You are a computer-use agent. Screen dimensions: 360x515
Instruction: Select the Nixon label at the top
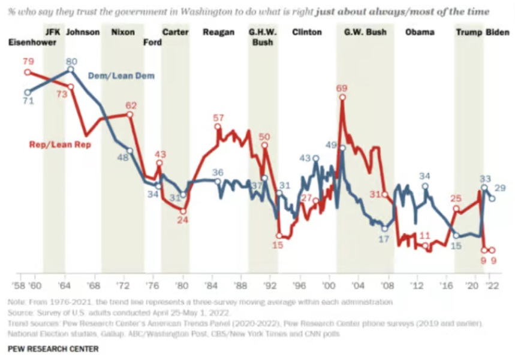123,32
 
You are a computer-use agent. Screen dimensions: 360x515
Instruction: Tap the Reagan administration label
219,32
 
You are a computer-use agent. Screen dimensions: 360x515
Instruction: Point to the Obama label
420,32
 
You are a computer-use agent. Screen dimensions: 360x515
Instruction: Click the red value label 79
28,62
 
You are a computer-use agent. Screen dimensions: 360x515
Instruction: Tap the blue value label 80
72,60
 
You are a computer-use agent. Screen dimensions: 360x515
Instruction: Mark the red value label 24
182,220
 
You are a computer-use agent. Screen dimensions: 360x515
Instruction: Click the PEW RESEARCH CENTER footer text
44,348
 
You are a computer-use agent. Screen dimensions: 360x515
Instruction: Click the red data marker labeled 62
129,114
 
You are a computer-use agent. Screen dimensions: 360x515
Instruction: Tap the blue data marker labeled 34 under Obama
426,186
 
